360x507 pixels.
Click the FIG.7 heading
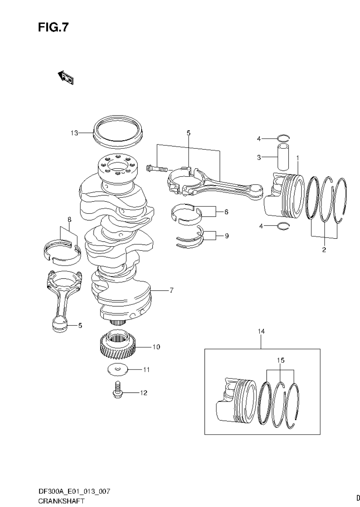[53, 27]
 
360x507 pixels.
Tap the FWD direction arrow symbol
[65, 77]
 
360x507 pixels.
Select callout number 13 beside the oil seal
[74, 133]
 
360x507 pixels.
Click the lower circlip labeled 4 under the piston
[283, 226]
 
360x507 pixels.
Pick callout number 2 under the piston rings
[324, 250]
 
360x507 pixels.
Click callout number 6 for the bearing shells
[226, 212]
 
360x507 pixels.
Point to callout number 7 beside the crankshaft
[171, 290]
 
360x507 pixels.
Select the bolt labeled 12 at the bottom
[117, 391]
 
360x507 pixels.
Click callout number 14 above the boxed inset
[261, 331]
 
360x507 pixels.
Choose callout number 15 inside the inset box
[281, 360]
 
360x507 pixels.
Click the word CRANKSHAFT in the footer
[61, 501]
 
